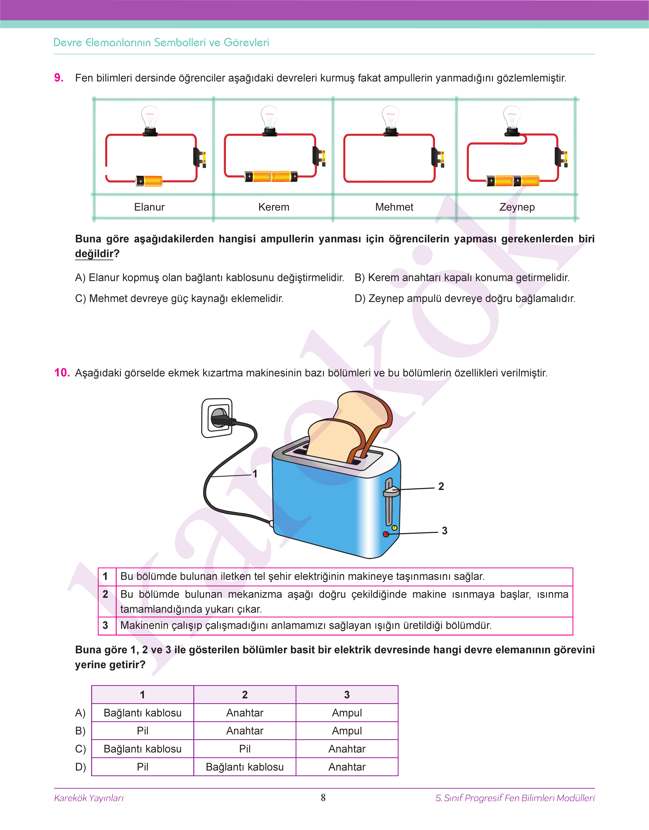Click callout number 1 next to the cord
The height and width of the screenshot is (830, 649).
point(255,474)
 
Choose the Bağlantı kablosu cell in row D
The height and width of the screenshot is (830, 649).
point(245,767)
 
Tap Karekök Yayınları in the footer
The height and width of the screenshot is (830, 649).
point(89,798)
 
